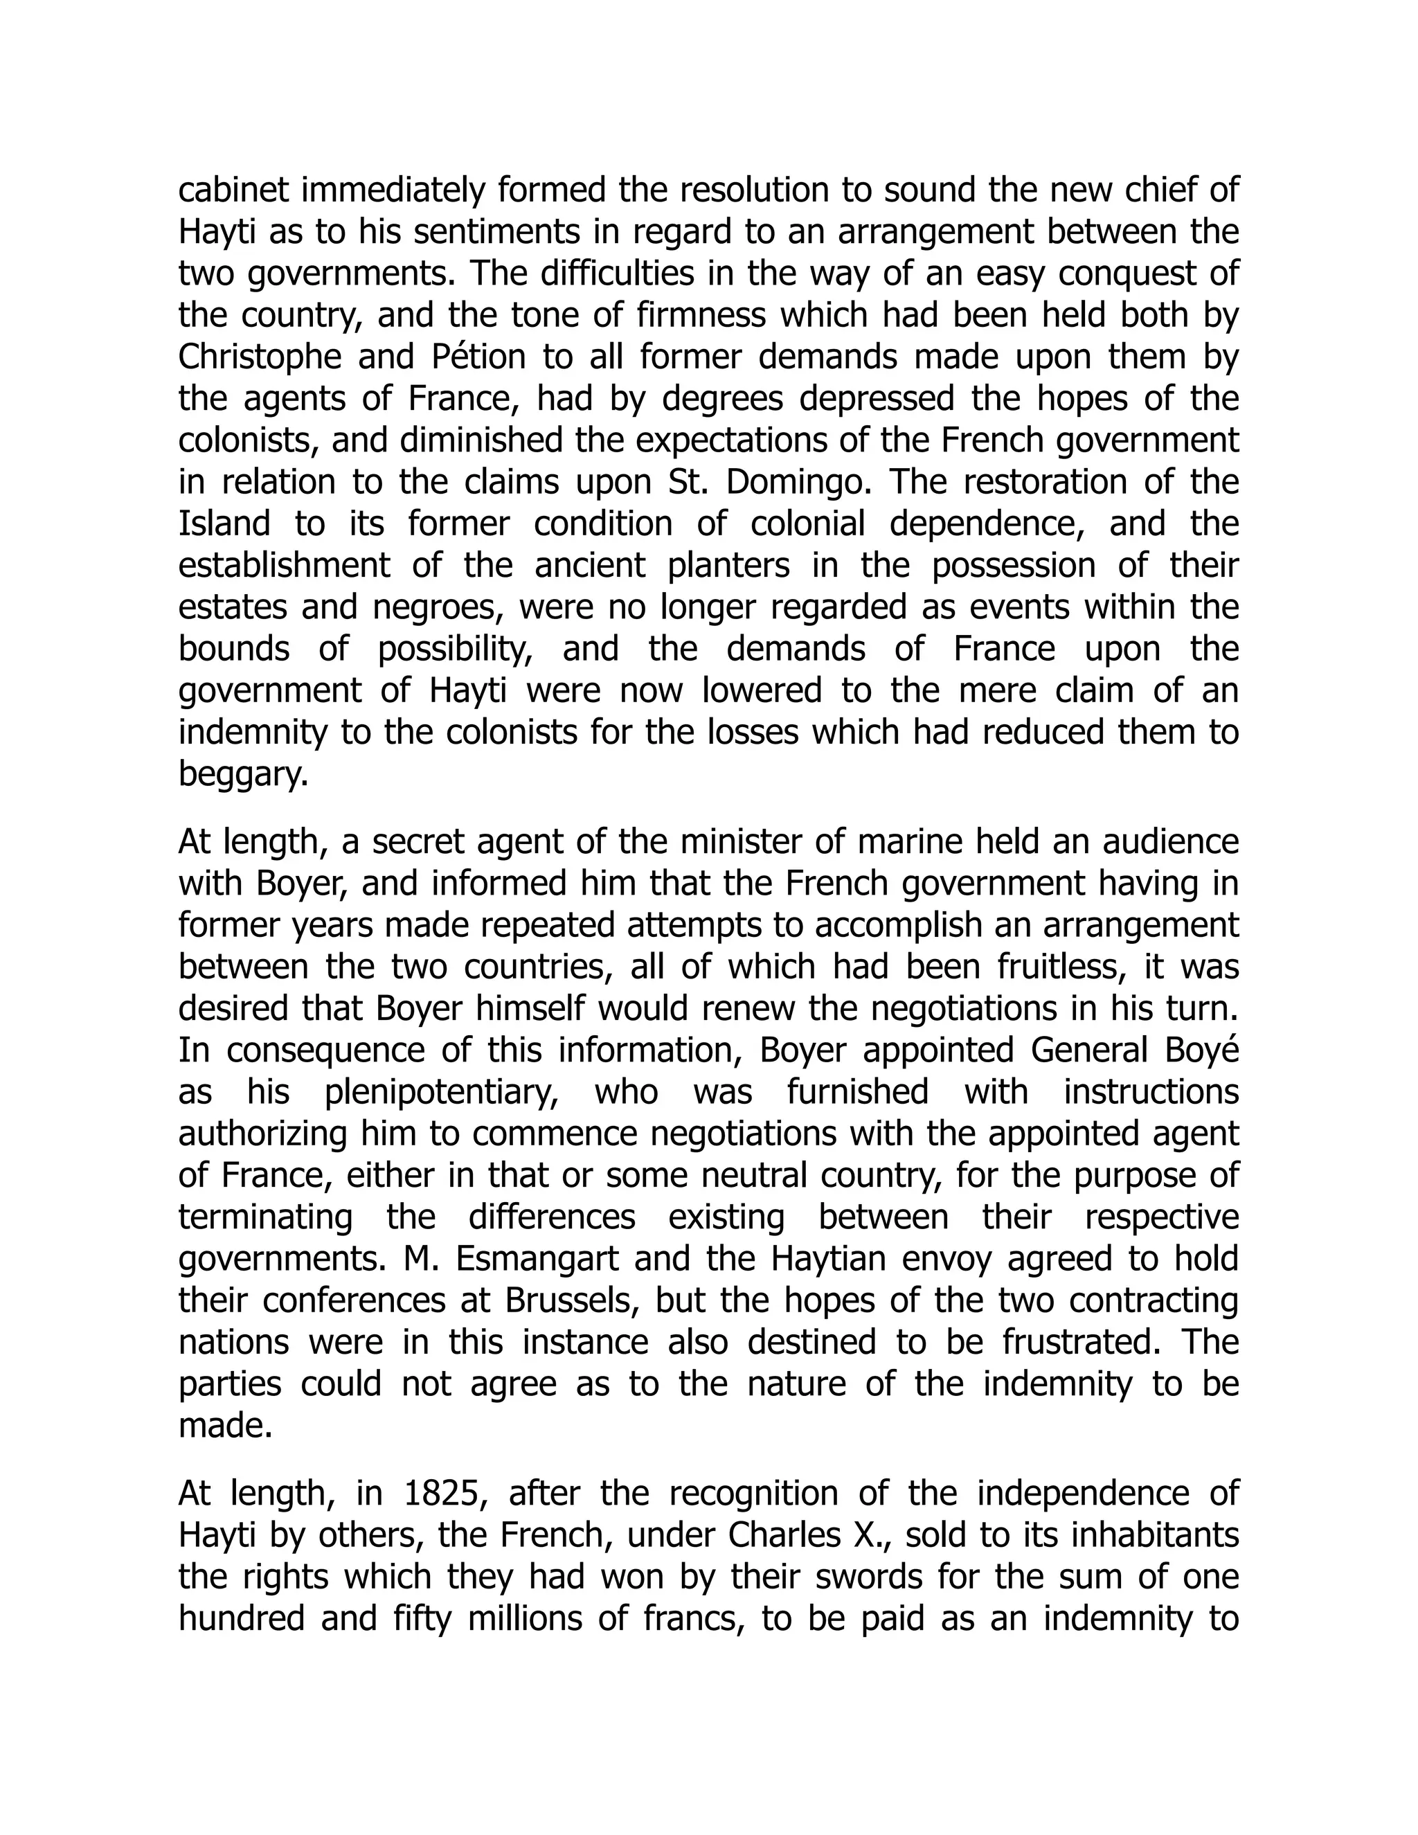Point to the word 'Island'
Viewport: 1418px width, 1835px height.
pos(224,524)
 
